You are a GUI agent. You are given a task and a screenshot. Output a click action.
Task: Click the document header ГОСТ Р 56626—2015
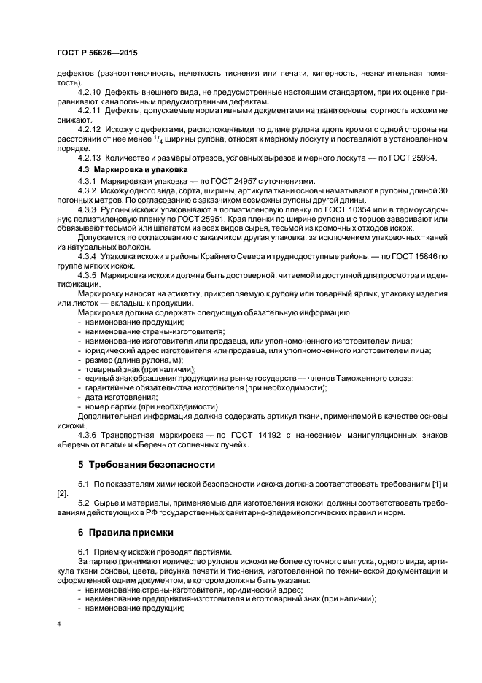[x=96, y=54]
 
